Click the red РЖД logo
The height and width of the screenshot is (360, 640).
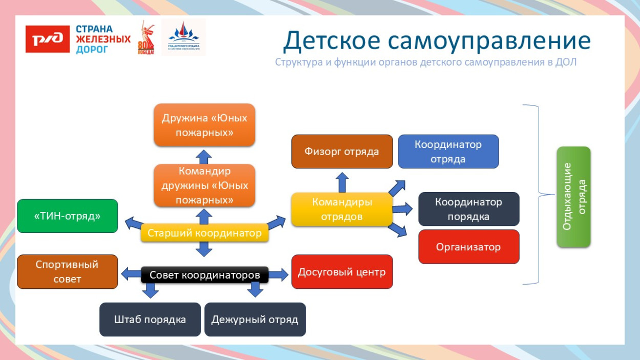click(48, 39)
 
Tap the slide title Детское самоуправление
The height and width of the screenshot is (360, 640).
click(437, 41)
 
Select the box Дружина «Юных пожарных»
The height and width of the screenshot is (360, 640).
click(204, 125)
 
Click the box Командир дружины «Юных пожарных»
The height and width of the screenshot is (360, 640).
click(204, 185)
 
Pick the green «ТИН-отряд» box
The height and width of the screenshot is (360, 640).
click(68, 216)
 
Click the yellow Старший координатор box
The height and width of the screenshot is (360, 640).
click(204, 234)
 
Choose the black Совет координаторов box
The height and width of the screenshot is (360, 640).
click(204, 275)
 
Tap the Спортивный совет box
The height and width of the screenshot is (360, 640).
click(68, 272)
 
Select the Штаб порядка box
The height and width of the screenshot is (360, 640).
click(150, 320)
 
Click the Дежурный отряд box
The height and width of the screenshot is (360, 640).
click(255, 320)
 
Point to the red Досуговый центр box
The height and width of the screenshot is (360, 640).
click(342, 272)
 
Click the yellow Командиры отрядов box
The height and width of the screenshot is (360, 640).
click(342, 209)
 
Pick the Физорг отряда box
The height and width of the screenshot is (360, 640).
click(342, 152)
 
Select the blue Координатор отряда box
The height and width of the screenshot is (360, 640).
click(448, 152)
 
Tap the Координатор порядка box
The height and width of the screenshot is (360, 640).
click(468, 209)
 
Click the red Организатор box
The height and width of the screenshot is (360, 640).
click(468, 247)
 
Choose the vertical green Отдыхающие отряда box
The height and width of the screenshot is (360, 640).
click(573, 197)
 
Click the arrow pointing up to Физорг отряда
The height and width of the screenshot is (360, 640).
click(343, 182)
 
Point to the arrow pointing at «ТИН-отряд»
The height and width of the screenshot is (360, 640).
click(134, 223)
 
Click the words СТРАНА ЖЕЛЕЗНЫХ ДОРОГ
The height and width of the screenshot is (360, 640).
click(102, 39)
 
